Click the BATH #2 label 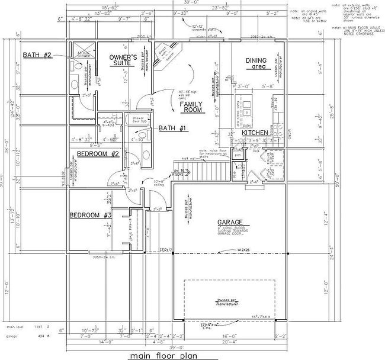click(x=38, y=55)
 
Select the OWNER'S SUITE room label click(x=124, y=60)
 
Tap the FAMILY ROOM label click(x=192, y=107)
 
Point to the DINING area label click(x=256, y=63)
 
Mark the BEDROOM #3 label click(x=90, y=215)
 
